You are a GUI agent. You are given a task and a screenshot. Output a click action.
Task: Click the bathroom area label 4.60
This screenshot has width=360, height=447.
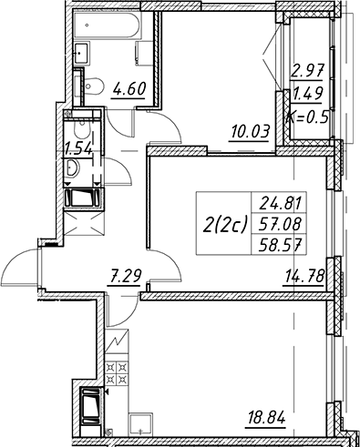click(x=129, y=89)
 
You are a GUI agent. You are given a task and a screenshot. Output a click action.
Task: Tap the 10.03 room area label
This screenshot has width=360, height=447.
click(x=251, y=133)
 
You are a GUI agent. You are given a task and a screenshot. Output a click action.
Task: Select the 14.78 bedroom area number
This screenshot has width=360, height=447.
click(x=303, y=276)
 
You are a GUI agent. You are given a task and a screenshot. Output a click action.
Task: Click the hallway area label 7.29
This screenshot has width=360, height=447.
click(x=123, y=276)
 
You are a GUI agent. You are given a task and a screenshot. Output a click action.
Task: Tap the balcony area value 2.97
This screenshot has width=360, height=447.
click(x=307, y=71)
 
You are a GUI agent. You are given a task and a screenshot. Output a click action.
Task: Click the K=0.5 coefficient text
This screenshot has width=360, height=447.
click(x=308, y=117)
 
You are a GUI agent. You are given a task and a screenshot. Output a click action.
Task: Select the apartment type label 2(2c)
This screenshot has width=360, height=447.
click(x=224, y=225)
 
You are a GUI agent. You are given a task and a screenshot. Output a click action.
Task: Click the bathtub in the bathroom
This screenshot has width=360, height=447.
click(x=108, y=25)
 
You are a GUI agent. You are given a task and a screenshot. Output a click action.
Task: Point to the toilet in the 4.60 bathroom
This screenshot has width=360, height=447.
click(x=90, y=86)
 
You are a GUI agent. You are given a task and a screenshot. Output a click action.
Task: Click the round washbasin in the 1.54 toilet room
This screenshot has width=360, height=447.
click(x=73, y=168)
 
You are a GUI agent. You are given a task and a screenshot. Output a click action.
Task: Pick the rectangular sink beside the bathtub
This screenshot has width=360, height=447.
click(x=82, y=53)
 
